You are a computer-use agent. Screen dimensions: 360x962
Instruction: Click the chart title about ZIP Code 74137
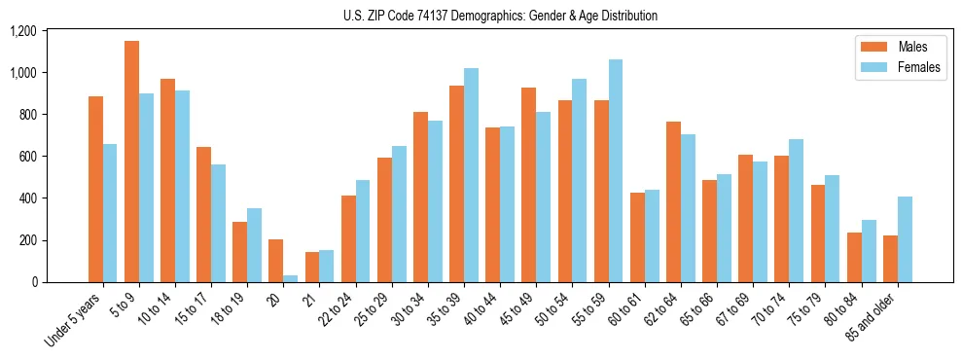click(x=500, y=16)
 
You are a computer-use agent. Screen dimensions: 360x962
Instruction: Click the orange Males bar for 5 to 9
click(x=131, y=162)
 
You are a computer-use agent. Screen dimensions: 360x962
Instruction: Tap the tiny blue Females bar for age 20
click(x=291, y=278)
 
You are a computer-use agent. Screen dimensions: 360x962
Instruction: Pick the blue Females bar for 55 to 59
click(x=615, y=171)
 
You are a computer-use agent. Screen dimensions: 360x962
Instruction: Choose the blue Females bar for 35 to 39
click(x=471, y=175)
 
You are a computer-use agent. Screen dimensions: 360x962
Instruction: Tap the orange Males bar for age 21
click(x=312, y=267)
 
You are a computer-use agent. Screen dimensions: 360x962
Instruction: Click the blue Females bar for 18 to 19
click(x=254, y=245)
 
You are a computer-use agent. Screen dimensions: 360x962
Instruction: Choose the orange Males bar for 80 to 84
click(x=854, y=257)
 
